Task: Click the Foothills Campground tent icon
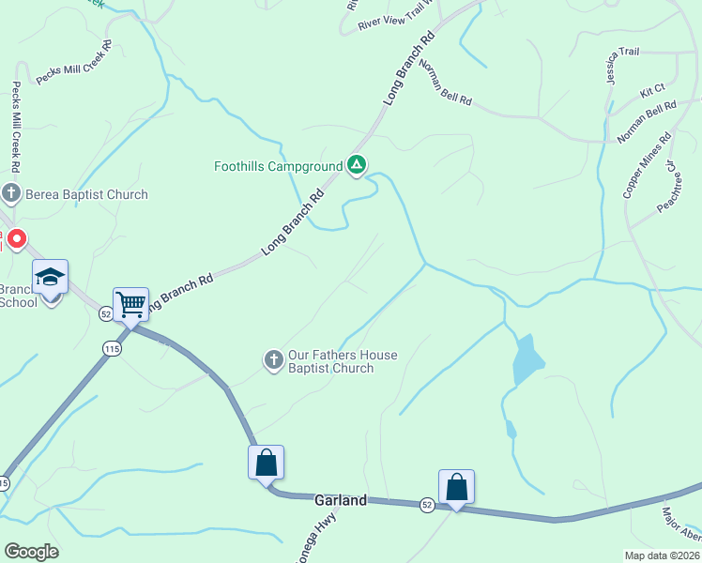coord(357,166)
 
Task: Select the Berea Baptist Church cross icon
coord(11,194)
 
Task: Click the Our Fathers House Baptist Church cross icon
coord(273,359)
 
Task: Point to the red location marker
coord(17,239)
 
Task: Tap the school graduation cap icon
coord(51,277)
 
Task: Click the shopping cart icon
coord(130,304)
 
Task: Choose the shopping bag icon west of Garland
coord(266,462)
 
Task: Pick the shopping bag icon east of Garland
coord(456,486)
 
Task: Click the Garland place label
coord(340,501)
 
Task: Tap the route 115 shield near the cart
coord(113,348)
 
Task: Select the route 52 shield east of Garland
coord(427,505)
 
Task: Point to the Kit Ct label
coord(652,92)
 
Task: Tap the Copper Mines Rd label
coord(648,164)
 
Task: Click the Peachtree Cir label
coord(667,191)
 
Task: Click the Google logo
coord(31,552)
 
